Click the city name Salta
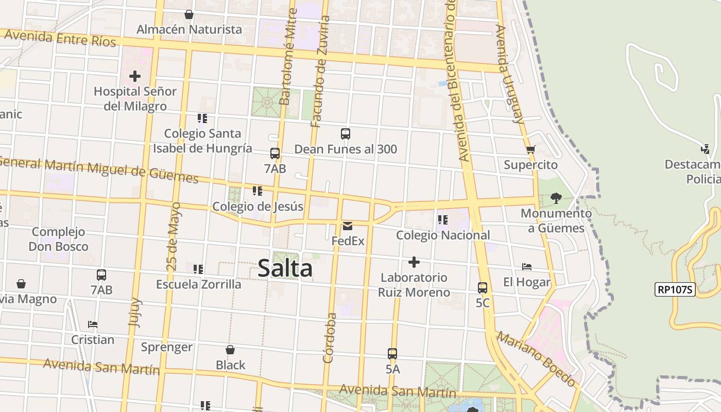(x=285, y=268)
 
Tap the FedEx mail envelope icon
(x=348, y=226)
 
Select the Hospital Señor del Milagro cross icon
(x=135, y=77)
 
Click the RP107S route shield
(x=675, y=289)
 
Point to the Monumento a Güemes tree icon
(x=556, y=198)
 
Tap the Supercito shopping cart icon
(x=530, y=150)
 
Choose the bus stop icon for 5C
(x=483, y=288)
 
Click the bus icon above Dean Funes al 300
(x=346, y=134)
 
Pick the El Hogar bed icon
(x=526, y=267)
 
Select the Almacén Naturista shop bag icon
(x=189, y=14)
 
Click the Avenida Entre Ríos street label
(x=60, y=38)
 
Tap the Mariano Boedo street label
(x=536, y=359)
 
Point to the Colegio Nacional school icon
(x=442, y=220)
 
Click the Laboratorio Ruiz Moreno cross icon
(x=414, y=263)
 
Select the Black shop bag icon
(x=230, y=350)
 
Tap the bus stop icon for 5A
(x=392, y=354)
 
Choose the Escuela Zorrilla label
(x=198, y=284)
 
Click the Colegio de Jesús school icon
(x=257, y=192)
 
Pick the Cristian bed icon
(x=93, y=324)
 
